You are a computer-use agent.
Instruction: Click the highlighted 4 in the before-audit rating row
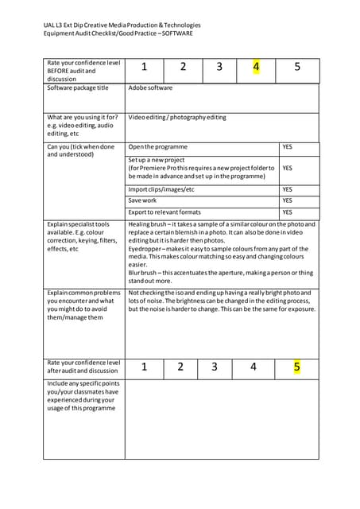pos(256,67)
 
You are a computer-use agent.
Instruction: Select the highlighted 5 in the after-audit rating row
pos(296,367)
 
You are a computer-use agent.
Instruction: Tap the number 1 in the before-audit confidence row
pos(145,68)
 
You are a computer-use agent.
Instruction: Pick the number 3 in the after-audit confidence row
pos(215,367)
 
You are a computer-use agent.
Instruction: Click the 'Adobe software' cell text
pos(150,88)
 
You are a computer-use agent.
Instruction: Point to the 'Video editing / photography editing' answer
pos(176,118)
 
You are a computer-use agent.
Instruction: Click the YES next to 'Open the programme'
pos(288,147)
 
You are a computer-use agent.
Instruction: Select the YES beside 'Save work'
pos(288,201)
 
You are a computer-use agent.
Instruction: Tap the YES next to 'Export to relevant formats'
pos(288,212)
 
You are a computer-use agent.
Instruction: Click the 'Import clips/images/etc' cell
pos(161,190)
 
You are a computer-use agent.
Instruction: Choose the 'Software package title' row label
pos(78,88)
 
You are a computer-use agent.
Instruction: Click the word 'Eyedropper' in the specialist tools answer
pos(146,249)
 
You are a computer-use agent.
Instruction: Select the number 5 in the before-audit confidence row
pos(297,68)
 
